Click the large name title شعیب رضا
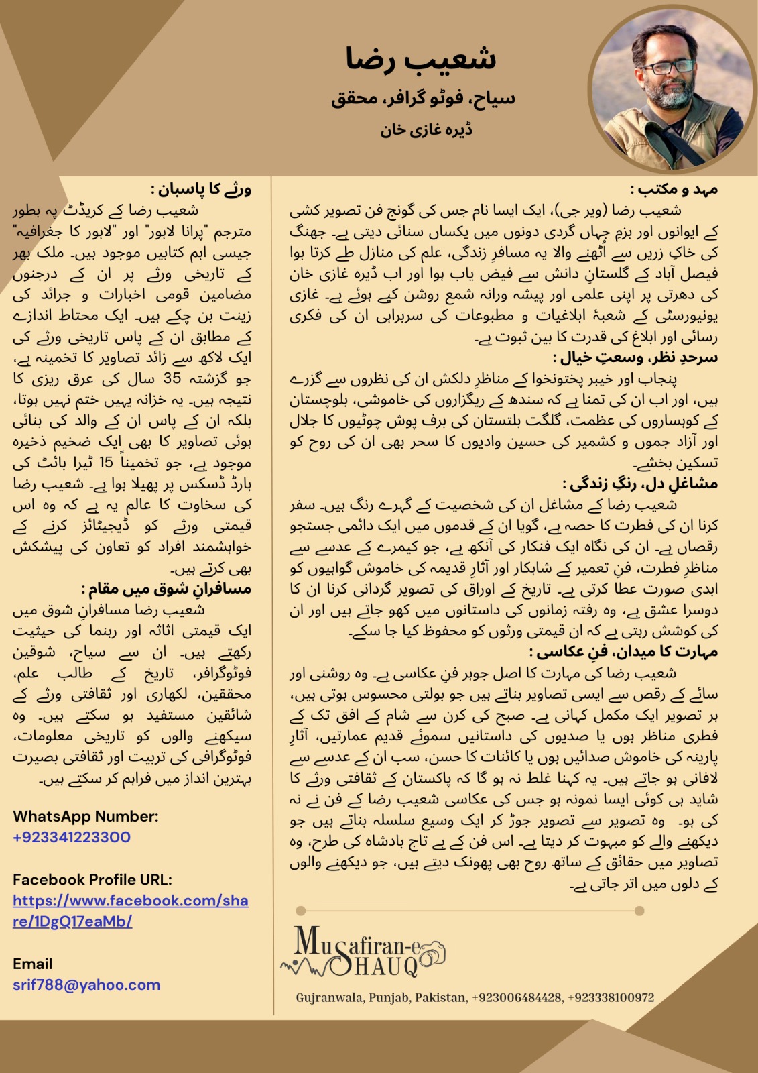pyautogui.click(x=421, y=59)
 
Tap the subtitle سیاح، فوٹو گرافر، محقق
pyautogui.click(x=423, y=99)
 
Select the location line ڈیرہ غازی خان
pyautogui.click(x=426, y=129)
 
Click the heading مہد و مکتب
pyautogui.click(x=674, y=190)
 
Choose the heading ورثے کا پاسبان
pyautogui.click(x=201, y=190)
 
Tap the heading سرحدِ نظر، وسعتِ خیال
pyautogui.click(x=635, y=357)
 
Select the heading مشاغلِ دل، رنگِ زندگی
pyautogui.click(x=640, y=484)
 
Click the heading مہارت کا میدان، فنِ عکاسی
pyautogui.click(x=623, y=651)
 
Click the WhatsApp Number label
pyautogui.click(x=86, y=816)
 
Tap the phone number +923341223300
pyautogui.click(x=72, y=837)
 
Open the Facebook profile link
pyautogui.click(x=131, y=910)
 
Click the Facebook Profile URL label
pyautogui.click(x=92, y=879)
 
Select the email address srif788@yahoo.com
pyautogui.click(x=86, y=984)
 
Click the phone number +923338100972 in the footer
pyautogui.click(x=611, y=997)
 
